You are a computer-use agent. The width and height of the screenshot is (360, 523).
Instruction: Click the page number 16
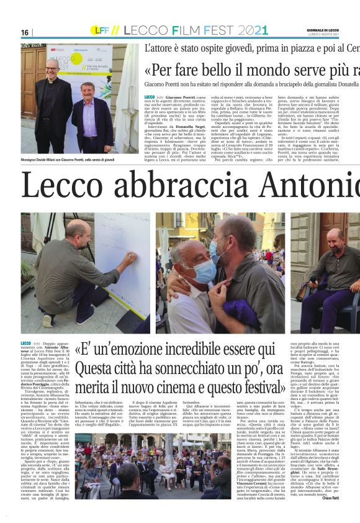click(x=25, y=32)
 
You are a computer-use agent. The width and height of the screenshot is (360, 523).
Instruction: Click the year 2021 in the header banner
click(x=253, y=30)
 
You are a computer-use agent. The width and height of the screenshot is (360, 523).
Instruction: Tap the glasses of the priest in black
click(x=52, y=66)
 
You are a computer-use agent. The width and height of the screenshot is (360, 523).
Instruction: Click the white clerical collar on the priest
click(x=53, y=80)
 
